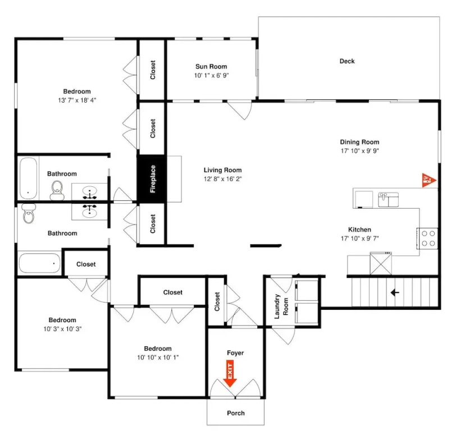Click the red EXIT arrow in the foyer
[x=230, y=373]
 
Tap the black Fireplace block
[x=152, y=178]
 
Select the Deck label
[x=347, y=61]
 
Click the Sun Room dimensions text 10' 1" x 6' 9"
[x=211, y=76]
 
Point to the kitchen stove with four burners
[x=427, y=239]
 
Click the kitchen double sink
[x=388, y=200]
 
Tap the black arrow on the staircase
[x=395, y=292]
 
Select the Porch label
[x=235, y=413]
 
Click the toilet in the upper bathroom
[x=57, y=190]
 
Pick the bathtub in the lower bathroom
[x=39, y=263]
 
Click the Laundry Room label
[x=281, y=306]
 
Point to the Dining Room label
[x=359, y=142]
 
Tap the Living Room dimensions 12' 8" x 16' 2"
[x=222, y=179]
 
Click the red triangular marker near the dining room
[x=428, y=180]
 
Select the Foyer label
[x=235, y=353]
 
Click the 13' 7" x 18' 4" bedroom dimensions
[x=77, y=100]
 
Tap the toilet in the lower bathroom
[x=29, y=213]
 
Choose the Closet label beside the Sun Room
[x=153, y=70]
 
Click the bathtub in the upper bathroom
[x=28, y=178]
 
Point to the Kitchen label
[x=359, y=230]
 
